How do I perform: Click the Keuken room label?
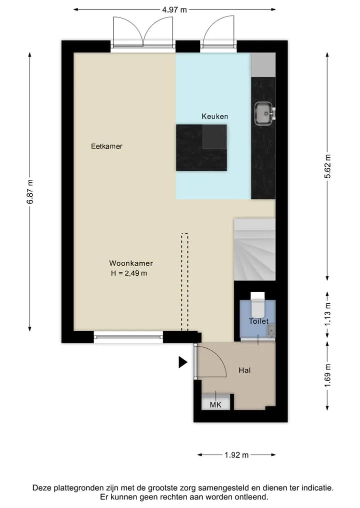(214, 116)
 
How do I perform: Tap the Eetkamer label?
(106, 146)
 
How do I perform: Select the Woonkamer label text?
(130, 263)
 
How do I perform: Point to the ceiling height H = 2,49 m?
(129, 273)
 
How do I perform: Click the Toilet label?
(259, 321)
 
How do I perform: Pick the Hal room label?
(244, 370)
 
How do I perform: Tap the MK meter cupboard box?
(215, 403)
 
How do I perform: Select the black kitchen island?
(201, 148)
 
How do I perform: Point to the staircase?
(254, 249)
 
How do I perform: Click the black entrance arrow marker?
(183, 362)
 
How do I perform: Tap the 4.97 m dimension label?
(174, 9)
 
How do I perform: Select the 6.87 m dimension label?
(30, 192)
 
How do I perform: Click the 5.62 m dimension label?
(327, 166)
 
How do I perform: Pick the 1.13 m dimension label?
(327, 314)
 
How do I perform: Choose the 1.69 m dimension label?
(327, 375)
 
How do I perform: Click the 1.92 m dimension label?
(237, 455)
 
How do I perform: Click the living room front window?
(128, 337)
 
